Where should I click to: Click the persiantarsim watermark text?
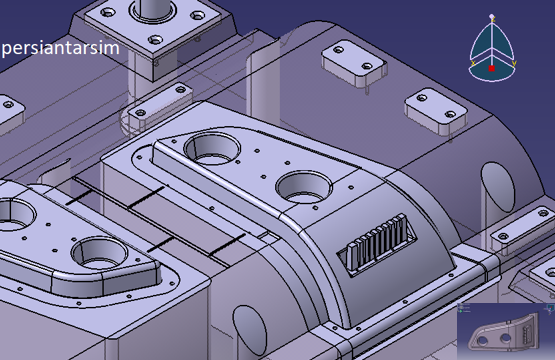coord(61,48)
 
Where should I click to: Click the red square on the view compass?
coord(492,68)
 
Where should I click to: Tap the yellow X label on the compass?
coord(473,63)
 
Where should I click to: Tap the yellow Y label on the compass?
coord(514,63)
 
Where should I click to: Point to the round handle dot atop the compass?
coord(492,16)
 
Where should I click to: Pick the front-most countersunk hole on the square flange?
coord(155,39)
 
